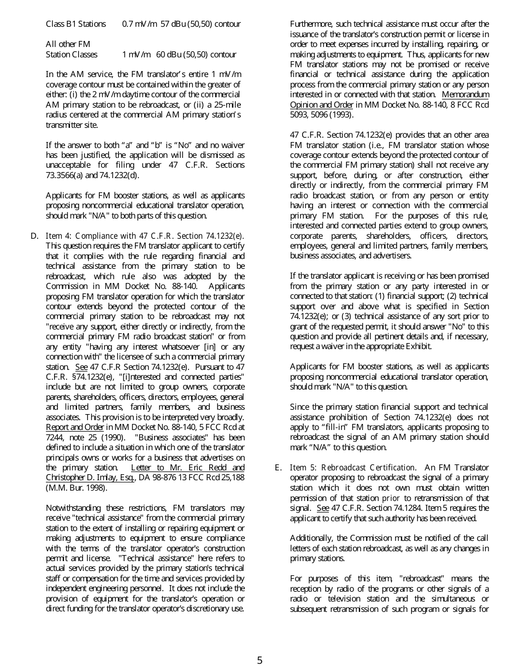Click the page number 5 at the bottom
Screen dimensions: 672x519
(x=259, y=660)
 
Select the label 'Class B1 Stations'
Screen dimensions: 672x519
(x=76, y=24)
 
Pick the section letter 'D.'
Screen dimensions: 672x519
(x=34, y=236)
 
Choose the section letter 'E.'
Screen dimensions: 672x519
(x=279, y=468)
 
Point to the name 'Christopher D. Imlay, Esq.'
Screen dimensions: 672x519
(x=91, y=478)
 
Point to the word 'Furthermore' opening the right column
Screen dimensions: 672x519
(x=311, y=24)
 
